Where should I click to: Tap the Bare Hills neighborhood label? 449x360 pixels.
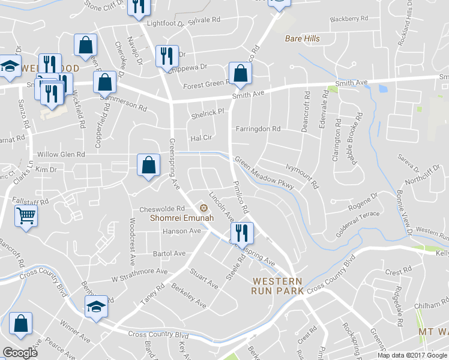(x=302, y=39)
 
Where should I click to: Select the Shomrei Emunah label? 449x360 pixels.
(x=168, y=219)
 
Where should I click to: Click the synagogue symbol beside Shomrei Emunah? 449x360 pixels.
(x=203, y=209)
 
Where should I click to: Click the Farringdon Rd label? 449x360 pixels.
(x=258, y=129)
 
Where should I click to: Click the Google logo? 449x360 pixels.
(x=21, y=352)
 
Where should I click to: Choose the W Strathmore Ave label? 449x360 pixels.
(x=139, y=271)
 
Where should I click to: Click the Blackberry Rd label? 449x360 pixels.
(x=349, y=19)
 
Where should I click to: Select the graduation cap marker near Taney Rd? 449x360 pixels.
(x=96, y=306)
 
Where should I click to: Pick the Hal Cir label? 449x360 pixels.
(x=202, y=137)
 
